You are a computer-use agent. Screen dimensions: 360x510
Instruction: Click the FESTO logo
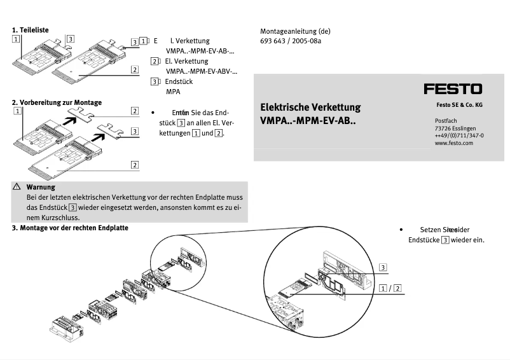tap(453, 89)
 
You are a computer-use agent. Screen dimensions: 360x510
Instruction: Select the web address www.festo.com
tap(454, 143)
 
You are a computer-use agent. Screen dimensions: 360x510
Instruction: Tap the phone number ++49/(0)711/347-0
tap(459, 135)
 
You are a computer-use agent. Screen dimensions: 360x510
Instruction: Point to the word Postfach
tap(447, 120)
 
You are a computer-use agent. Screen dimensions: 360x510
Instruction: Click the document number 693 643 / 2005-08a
tap(291, 41)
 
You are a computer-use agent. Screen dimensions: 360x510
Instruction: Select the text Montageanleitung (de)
tap(295, 31)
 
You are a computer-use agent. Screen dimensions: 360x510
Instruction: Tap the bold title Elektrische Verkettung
tap(310, 107)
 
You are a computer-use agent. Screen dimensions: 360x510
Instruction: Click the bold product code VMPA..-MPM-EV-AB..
tap(308, 120)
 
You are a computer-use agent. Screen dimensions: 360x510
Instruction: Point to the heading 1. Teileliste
tap(31, 30)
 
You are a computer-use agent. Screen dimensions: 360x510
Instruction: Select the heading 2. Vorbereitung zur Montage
tap(57, 102)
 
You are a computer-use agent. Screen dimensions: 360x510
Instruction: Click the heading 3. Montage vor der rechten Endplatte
tap(70, 228)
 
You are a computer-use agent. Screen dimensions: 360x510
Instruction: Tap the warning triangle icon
tap(17, 187)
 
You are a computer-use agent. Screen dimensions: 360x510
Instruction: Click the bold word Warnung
tap(41, 187)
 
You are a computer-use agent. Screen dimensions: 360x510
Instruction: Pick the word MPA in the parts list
tap(173, 92)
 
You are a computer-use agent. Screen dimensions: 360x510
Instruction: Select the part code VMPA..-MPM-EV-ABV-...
tap(201, 71)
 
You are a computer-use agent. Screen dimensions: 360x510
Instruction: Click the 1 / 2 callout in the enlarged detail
tap(390, 288)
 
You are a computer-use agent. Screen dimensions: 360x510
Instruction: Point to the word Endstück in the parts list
tap(179, 81)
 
